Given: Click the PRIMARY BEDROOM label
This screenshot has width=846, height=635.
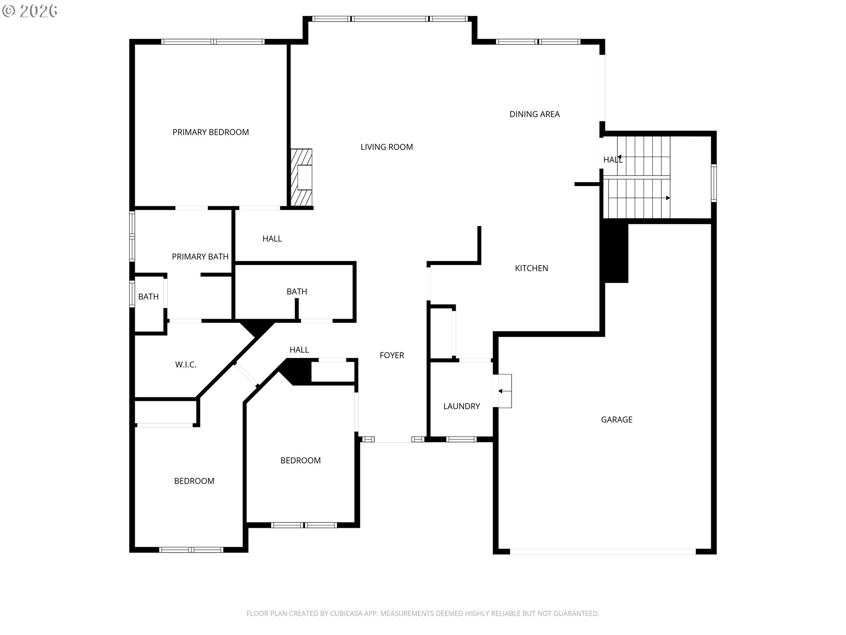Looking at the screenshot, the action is (211, 132).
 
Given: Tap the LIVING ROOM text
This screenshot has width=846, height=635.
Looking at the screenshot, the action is (387, 147).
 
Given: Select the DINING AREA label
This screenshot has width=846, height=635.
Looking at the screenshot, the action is (534, 114).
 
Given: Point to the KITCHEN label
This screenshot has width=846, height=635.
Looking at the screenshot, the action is (531, 268).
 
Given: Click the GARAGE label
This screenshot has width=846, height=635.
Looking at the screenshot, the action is (616, 420).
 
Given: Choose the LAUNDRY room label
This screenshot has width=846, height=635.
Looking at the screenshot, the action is (461, 406).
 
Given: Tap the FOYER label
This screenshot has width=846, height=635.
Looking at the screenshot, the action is (392, 355).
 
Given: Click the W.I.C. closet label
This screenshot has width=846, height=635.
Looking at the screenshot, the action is (186, 365).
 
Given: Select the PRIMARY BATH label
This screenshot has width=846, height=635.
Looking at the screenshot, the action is (200, 257).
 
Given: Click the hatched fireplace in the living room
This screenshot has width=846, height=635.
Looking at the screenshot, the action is (302, 177).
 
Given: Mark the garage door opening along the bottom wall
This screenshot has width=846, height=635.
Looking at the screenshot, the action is (603, 552).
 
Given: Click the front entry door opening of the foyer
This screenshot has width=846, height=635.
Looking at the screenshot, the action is (393, 439).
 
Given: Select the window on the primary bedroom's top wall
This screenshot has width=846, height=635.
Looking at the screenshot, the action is (213, 42).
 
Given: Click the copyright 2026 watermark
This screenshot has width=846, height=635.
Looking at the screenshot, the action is (30, 11).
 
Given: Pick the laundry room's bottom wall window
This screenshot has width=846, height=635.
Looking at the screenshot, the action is (461, 439).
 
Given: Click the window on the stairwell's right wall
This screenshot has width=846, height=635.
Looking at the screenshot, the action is (714, 183).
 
